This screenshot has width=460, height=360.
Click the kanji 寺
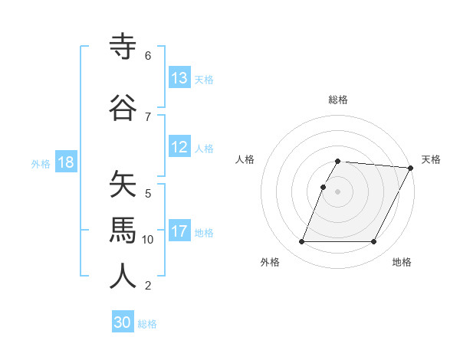[x=123, y=47]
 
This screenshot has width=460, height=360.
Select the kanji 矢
[x=123, y=185]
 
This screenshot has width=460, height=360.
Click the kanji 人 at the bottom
[x=123, y=275]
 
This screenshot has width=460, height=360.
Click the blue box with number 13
[x=179, y=78]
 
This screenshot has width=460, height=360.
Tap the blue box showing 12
[x=179, y=148]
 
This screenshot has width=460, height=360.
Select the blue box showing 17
[x=179, y=232]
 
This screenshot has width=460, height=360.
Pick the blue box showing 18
[x=66, y=163]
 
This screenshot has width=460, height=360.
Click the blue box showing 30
[x=123, y=322]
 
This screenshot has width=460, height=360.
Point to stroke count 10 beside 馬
[x=148, y=240]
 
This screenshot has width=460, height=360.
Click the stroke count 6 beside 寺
[x=148, y=56]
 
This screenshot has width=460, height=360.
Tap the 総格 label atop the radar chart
[x=337, y=100]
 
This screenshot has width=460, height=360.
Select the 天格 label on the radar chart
[x=432, y=159]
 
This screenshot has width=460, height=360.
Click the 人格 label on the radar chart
[x=245, y=159]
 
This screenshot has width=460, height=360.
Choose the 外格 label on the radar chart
[x=270, y=262]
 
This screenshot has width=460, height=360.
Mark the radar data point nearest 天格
[x=411, y=168]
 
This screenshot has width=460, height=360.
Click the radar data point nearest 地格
[x=374, y=242]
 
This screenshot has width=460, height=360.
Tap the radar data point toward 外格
[x=301, y=242]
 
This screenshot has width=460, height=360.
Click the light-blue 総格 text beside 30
[x=147, y=323]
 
